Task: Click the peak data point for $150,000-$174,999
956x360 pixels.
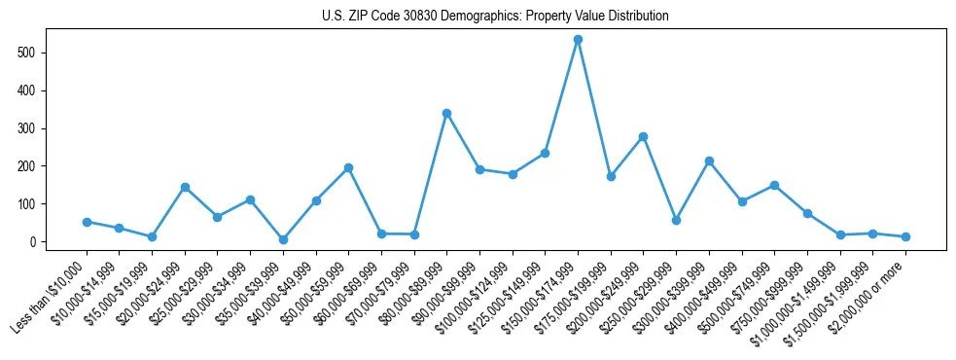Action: tap(578, 40)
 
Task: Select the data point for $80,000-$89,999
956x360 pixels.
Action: tap(446, 113)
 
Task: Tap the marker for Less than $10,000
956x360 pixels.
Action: tap(87, 222)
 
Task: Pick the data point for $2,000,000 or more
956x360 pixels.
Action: tap(905, 236)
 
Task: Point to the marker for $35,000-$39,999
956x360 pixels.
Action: tap(283, 239)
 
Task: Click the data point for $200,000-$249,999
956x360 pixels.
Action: tap(643, 136)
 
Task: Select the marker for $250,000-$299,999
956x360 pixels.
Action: tap(676, 220)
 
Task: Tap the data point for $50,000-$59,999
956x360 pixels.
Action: tap(348, 167)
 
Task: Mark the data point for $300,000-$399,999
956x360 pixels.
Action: tap(709, 161)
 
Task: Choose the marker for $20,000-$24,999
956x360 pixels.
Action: tap(185, 187)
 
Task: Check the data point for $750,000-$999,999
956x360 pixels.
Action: tap(807, 213)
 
